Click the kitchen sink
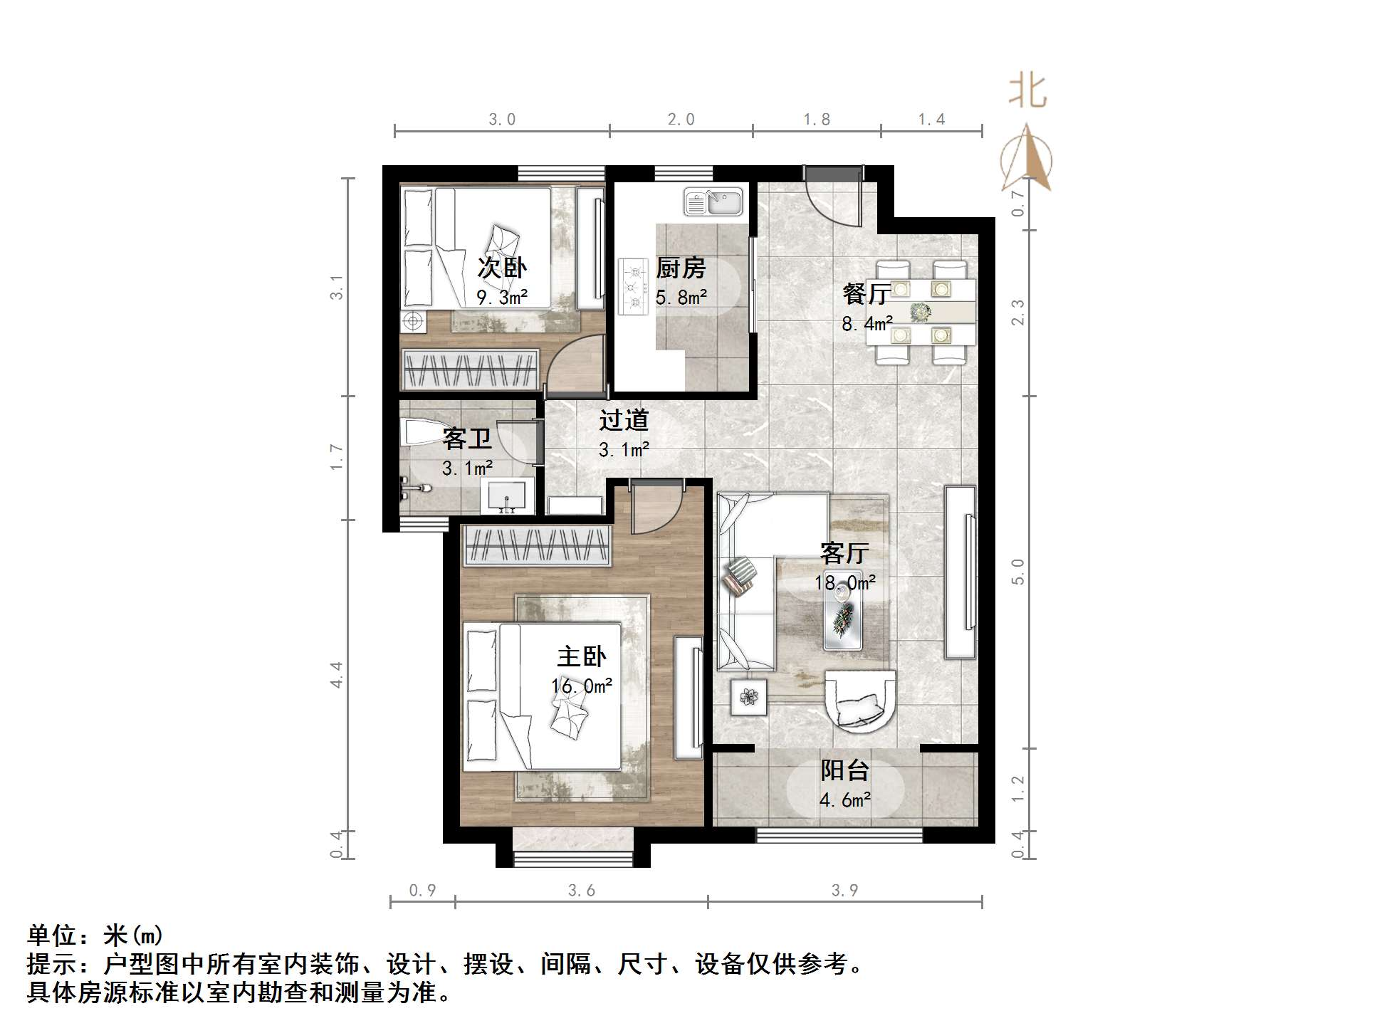tap(713, 201)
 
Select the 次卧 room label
tap(501, 268)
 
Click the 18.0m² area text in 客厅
tap(844, 583)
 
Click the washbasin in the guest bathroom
tap(507, 495)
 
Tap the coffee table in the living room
tap(843, 617)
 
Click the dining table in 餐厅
tap(921, 312)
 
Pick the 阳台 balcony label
tap(844, 770)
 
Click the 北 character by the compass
tap(1027, 92)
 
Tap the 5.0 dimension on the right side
tap(1018, 572)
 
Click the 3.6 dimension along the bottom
tap(581, 890)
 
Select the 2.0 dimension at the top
tap(681, 120)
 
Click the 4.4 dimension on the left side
tap(336, 674)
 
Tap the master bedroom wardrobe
tap(538, 546)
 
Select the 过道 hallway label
tap(624, 420)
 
